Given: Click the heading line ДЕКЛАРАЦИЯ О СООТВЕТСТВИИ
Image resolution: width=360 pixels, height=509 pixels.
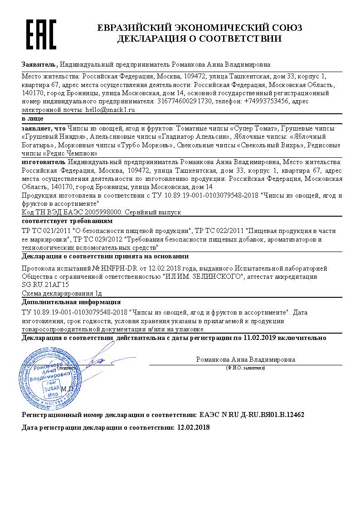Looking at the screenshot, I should (x=199, y=39).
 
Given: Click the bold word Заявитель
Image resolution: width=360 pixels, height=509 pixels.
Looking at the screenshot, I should (x=39, y=64).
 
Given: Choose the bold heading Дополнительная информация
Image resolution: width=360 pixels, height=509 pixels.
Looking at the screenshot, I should (x=71, y=302).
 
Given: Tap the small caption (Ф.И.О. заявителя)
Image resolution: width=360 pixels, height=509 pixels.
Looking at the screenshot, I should (x=245, y=368).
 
